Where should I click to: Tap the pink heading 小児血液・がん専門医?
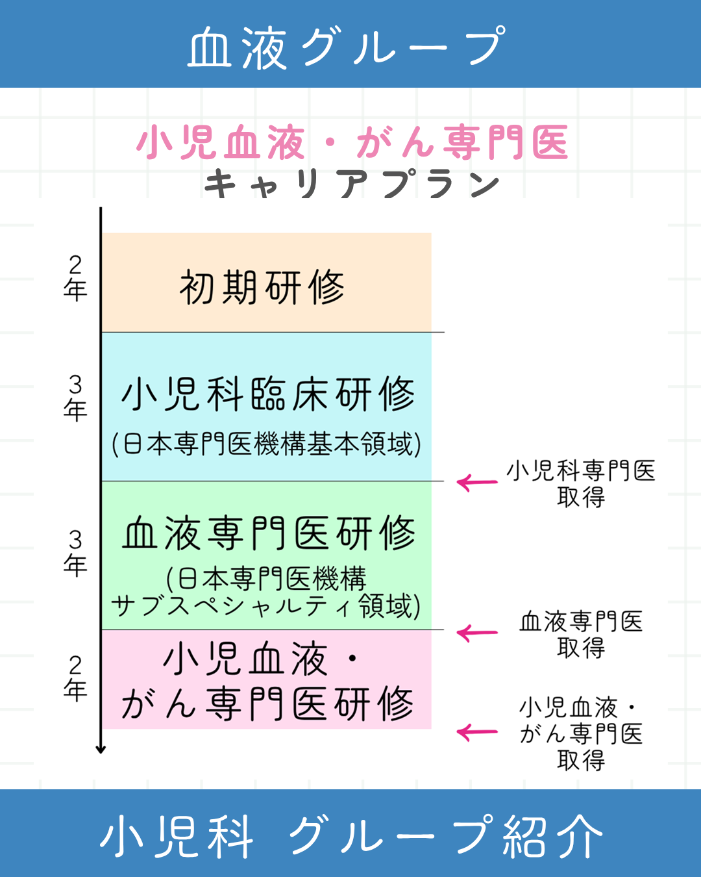pyautogui.click(x=352, y=143)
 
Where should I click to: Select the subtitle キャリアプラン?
pyautogui.click(x=352, y=184)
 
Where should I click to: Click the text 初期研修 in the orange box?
pyautogui.click(x=262, y=287)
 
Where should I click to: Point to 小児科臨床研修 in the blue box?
pyautogui.click(x=267, y=394)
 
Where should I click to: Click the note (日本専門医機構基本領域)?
pyautogui.click(x=267, y=444)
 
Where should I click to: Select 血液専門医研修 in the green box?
pyautogui.click(x=269, y=533)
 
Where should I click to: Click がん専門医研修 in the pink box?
pyautogui.click(x=267, y=704)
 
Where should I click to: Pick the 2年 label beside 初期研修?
pyautogui.click(x=75, y=277)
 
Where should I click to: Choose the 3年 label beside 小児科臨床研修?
pyautogui.click(x=75, y=398)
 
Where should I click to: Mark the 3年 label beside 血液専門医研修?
pyautogui.click(x=75, y=553)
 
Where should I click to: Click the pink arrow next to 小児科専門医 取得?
pyautogui.click(x=477, y=483)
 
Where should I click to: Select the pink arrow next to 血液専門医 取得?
pyautogui.click(x=477, y=633)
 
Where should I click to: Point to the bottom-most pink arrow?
pyautogui.click(x=477, y=733)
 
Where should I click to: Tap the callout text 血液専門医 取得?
pyautogui.click(x=581, y=634)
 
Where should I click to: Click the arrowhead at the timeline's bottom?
pyautogui.click(x=101, y=749)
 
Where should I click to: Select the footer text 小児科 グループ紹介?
pyautogui.click(x=351, y=837)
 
